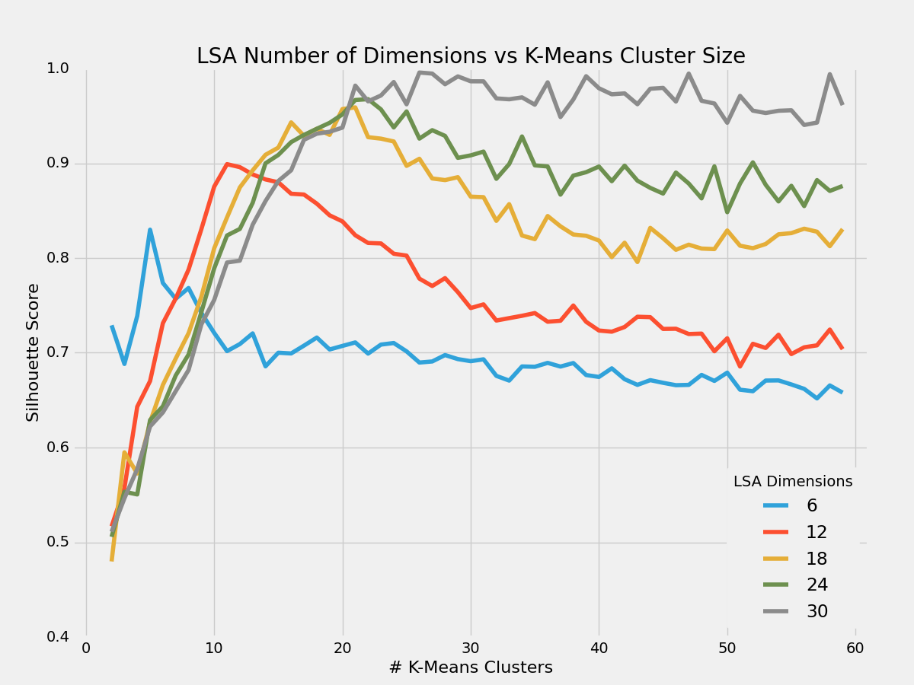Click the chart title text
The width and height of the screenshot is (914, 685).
click(x=471, y=56)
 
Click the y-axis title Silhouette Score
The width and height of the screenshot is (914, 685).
click(x=33, y=352)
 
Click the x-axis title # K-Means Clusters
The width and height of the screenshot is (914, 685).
click(x=471, y=667)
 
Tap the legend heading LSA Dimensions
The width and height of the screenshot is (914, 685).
click(x=792, y=481)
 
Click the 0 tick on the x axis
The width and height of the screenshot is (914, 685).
click(x=86, y=648)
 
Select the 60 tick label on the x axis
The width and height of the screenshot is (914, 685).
click(x=855, y=648)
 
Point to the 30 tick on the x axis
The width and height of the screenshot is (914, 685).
click(x=471, y=648)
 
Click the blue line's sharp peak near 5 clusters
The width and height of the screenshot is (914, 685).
click(x=150, y=229)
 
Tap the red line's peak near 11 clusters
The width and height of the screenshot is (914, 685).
click(x=227, y=164)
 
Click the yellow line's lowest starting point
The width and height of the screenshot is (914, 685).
click(x=112, y=559)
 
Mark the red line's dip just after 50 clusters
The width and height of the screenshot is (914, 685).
click(x=740, y=367)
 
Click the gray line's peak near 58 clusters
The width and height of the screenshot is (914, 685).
click(x=829, y=74)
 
